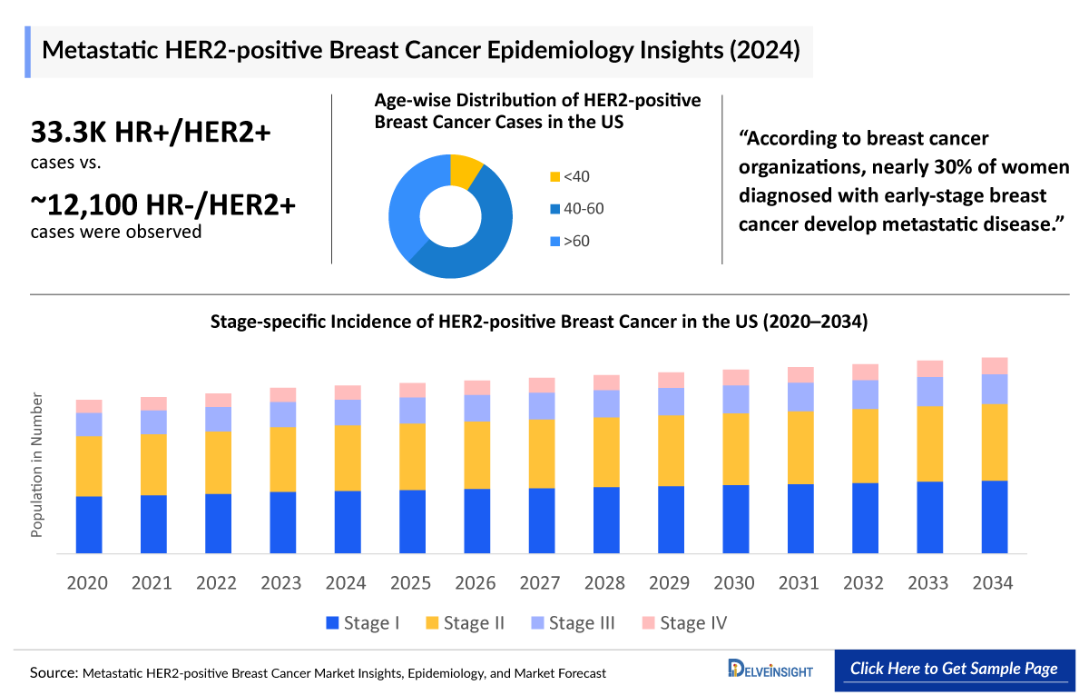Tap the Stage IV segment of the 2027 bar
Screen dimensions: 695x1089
(x=542, y=384)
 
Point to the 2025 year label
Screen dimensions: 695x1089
(x=412, y=582)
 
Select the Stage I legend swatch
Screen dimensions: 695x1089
(x=332, y=623)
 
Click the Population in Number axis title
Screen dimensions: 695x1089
(x=37, y=464)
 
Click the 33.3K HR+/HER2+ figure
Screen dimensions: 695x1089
(x=151, y=133)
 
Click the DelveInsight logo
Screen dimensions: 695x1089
(x=770, y=670)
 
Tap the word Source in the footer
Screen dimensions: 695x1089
(x=53, y=673)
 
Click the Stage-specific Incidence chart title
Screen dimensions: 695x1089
(x=539, y=322)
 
